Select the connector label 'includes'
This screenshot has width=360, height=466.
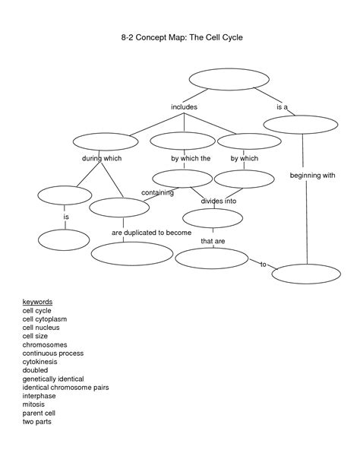(x=184, y=108)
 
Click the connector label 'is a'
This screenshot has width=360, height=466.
(x=282, y=108)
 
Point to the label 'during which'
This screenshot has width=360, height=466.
(x=102, y=158)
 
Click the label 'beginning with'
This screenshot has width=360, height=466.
(x=312, y=176)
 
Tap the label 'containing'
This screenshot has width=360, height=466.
(x=157, y=192)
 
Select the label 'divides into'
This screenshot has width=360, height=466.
(x=219, y=201)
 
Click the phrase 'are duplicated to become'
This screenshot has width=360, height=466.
(x=151, y=232)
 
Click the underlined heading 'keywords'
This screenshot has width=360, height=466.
(x=37, y=303)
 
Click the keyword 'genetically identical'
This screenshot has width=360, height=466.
(x=53, y=379)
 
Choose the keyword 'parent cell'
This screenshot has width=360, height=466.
(x=40, y=412)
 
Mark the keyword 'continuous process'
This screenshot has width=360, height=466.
(x=52, y=353)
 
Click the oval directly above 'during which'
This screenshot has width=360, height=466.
(x=106, y=141)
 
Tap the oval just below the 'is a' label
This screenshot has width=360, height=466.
(x=302, y=125)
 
